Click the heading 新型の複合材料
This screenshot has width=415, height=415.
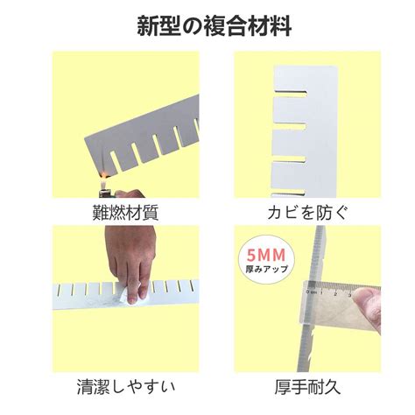tap(207, 25)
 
